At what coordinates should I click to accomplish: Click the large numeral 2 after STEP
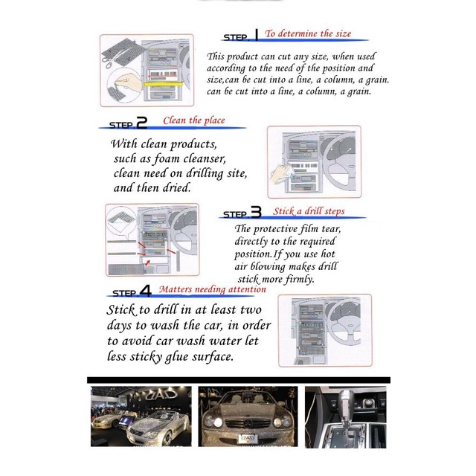coord(141,123)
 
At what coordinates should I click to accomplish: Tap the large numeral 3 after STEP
coord(256,212)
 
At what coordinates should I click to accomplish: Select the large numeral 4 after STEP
coord(145,291)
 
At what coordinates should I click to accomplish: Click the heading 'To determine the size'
coord(308,33)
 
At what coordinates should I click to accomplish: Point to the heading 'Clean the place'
coord(194,120)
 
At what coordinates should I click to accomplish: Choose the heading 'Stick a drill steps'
coord(309,211)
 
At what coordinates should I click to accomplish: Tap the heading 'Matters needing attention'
coord(213,289)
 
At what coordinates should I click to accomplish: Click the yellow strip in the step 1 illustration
coord(164,84)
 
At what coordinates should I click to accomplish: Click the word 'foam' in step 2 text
coord(167,158)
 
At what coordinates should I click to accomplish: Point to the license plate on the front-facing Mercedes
coord(248,438)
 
